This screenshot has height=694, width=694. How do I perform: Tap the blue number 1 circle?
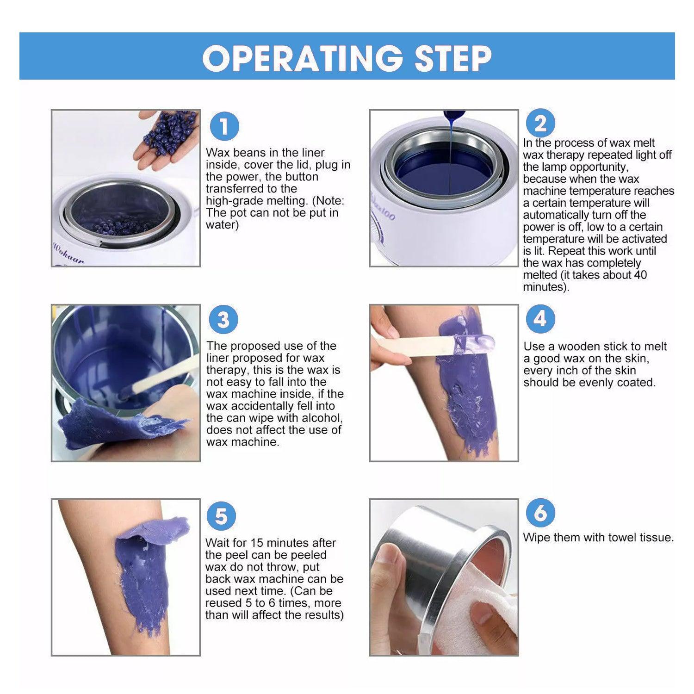point(224,126)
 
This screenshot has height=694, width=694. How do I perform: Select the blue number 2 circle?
point(540,124)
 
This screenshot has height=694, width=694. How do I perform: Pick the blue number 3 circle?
point(223,320)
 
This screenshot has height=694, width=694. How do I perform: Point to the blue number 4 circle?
point(540,319)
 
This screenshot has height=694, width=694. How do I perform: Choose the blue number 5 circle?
point(221,516)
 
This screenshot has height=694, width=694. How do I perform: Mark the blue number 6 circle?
point(540,513)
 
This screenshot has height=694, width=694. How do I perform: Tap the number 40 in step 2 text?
point(640,275)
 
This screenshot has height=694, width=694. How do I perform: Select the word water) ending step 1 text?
point(222,225)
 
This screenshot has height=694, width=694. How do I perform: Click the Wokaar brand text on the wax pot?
point(68,254)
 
